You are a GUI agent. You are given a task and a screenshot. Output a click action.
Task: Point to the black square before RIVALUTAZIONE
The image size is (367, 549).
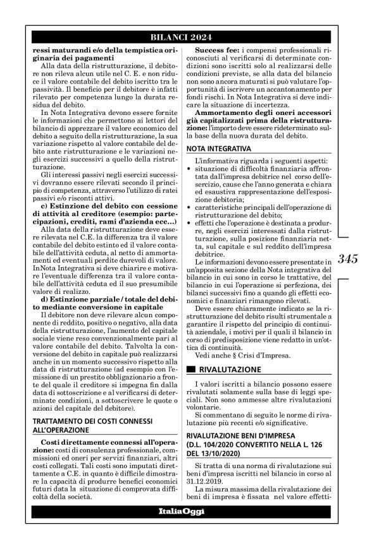pos(191,368)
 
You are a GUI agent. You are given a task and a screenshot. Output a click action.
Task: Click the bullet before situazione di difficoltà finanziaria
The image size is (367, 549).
pos(192,171)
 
